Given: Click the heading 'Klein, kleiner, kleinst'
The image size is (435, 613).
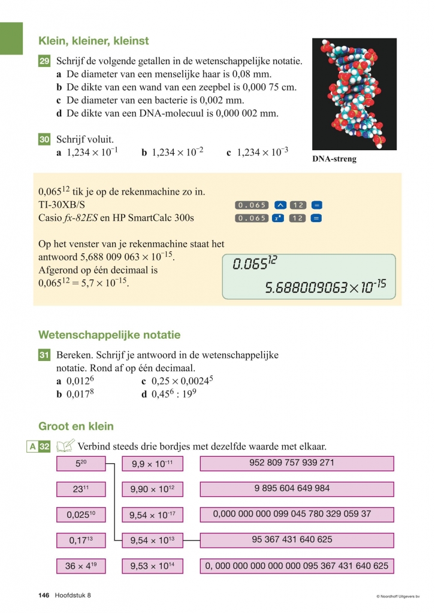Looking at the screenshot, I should [93, 41].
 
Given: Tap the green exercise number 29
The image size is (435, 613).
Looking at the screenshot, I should [44, 61].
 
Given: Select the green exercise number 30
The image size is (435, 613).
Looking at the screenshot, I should [44, 139].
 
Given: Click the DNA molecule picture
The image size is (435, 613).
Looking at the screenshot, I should [354, 94].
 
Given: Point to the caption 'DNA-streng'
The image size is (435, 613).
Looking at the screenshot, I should [334, 159].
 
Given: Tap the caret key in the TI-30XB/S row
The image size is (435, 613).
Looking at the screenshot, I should [280, 205].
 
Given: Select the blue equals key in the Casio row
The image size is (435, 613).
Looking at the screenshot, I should [317, 218].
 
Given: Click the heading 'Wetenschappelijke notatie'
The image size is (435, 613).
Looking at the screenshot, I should [109, 335].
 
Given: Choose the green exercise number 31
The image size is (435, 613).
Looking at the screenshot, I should [44, 356].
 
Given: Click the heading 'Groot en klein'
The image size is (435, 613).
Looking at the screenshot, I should [76, 427].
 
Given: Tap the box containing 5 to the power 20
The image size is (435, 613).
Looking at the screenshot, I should [81, 463].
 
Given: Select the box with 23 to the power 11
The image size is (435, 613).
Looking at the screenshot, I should [81, 489].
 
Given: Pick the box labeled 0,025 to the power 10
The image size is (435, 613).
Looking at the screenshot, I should [81, 514].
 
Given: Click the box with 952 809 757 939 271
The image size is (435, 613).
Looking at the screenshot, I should [297, 463].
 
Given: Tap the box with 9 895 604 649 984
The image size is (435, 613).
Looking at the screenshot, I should [297, 488].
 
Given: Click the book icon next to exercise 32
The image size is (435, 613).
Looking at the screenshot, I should [65, 445].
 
